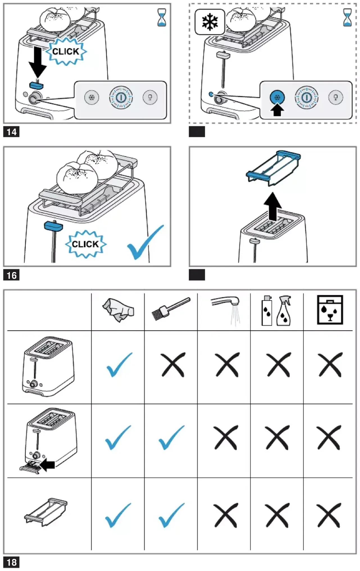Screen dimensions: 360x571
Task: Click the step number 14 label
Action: pyautogui.click(x=12, y=132)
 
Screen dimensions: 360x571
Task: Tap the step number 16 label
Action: pyautogui.click(x=12, y=275)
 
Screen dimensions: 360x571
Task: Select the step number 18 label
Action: pyautogui.click(x=12, y=562)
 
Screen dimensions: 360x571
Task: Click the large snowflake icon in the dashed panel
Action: pyautogui.click(x=210, y=22)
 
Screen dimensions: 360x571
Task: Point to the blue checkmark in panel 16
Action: pyautogui.click(x=145, y=242)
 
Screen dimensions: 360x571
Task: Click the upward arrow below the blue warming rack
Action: pyautogui.click(x=273, y=207)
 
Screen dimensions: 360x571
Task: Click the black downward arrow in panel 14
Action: pyautogui.click(x=38, y=62)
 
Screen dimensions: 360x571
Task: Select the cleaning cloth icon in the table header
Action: pyautogui.click(x=118, y=310)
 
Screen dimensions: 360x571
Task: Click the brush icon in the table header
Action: pyautogui.click(x=171, y=309)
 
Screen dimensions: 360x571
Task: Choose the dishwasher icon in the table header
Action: pyautogui.click(x=330, y=310)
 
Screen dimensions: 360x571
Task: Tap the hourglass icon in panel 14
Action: pyautogui.click(x=162, y=17)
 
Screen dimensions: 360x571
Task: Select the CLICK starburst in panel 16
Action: pyautogui.click(x=85, y=244)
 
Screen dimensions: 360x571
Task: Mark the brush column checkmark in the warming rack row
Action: pyautogui.click(x=172, y=515)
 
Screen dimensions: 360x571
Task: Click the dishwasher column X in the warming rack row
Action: pyautogui.click(x=329, y=515)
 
